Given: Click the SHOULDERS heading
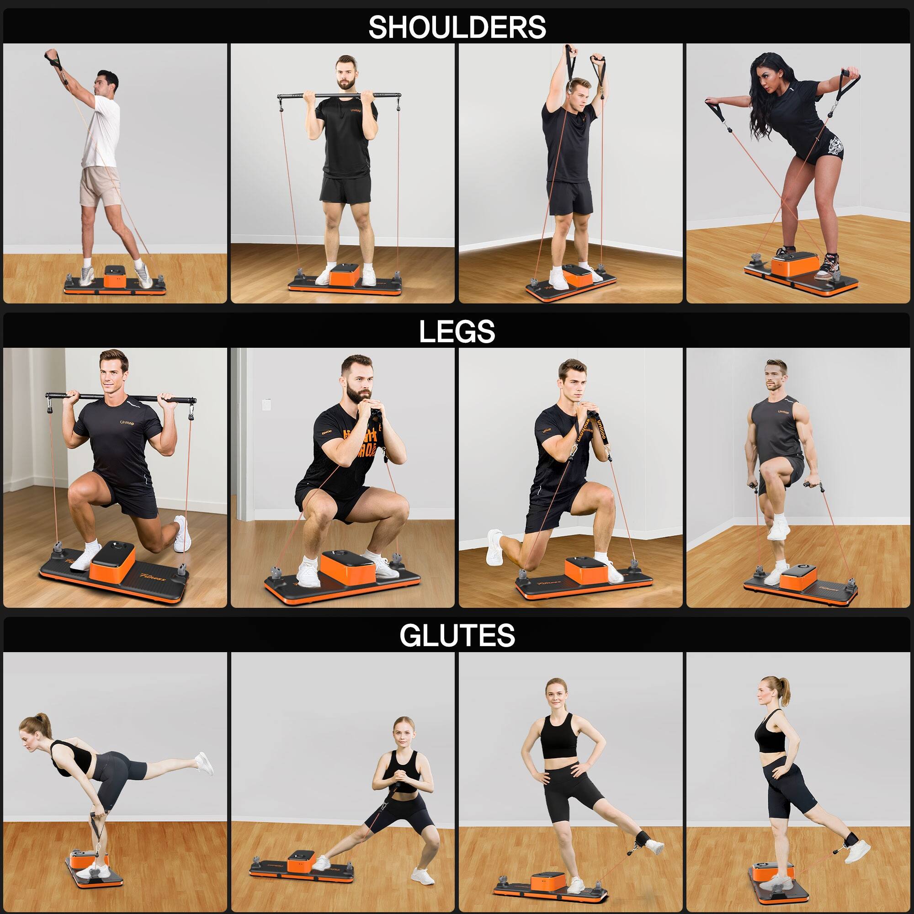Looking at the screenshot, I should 457,27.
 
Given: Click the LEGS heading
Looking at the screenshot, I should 457,332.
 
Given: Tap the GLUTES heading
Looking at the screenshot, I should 457,635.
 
